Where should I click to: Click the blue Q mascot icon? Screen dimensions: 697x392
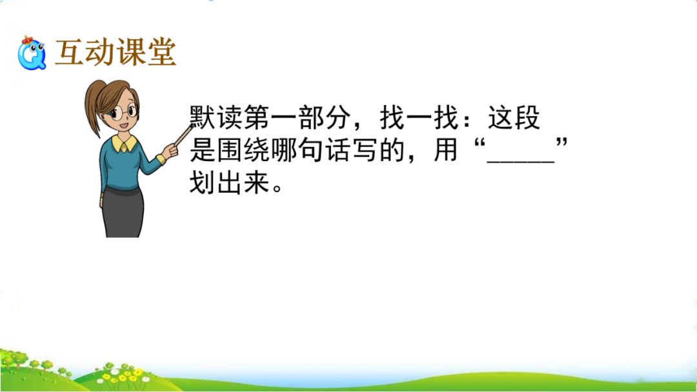coord(32,53)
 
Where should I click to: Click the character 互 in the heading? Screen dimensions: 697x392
coord(69,52)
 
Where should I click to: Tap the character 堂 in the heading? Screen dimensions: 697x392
coord(162,52)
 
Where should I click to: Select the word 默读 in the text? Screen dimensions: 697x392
coord(216,117)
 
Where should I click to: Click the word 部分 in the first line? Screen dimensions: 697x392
coord(325,117)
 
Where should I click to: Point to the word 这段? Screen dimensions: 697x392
coord(514,117)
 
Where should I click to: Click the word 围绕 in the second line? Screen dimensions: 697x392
coord(243,150)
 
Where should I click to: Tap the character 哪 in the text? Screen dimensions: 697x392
coord(284,150)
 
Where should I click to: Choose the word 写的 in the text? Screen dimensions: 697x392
coord(379,150)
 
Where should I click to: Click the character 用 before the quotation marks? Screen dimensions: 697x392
coord(446,150)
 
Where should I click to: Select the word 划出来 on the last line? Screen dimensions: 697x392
coord(230,182)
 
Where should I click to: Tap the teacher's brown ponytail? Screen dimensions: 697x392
coord(93,106)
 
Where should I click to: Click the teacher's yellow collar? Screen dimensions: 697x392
coord(124,143)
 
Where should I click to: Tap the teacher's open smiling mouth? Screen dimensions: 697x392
coord(125,126)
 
